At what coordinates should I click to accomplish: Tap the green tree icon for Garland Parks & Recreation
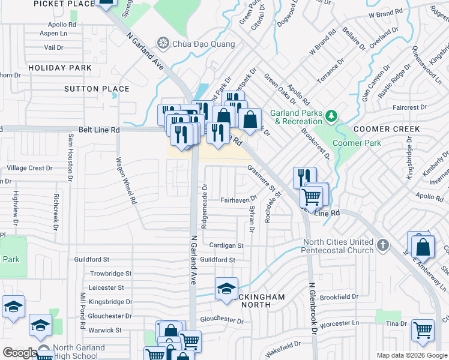(x=330, y=114)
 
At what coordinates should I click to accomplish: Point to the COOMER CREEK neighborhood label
(x=386, y=129)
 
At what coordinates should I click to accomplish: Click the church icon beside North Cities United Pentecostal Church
(x=382, y=245)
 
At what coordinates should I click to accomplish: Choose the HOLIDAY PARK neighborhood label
(x=59, y=68)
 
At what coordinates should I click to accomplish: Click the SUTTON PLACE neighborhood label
(x=97, y=89)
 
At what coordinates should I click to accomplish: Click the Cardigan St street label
(x=226, y=245)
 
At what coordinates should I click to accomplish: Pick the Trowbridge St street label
(x=110, y=274)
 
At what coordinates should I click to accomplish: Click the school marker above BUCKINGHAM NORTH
(x=226, y=289)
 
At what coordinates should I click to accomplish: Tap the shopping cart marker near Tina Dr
(x=423, y=329)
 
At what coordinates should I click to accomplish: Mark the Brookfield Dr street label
(x=339, y=297)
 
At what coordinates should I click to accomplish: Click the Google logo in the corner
(x=19, y=353)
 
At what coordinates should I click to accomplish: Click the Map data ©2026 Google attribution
(x=412, y=355)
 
